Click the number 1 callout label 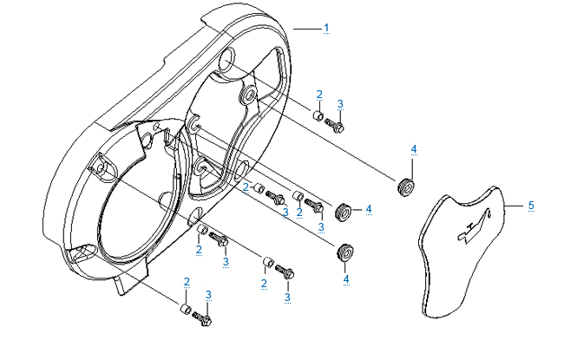tap(326, 29)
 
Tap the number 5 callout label tap(530, 206)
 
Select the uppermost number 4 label tap(413, 149)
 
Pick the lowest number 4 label tap(345, 279)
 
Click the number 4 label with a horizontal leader tap(369, 208)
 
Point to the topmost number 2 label tap(318, 94)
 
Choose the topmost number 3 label tap(340, 103)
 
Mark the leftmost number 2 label tap(187, 282)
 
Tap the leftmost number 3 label tap(208, 294)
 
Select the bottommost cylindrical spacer tap(185, 310)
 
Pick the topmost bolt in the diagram tap(335, 127)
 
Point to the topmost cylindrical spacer tap(318, 115)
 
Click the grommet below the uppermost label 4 tap(404, 186)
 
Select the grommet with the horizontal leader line tap(341, 208)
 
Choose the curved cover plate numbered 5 tap(464, 252)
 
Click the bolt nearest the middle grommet tap(316, 208)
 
